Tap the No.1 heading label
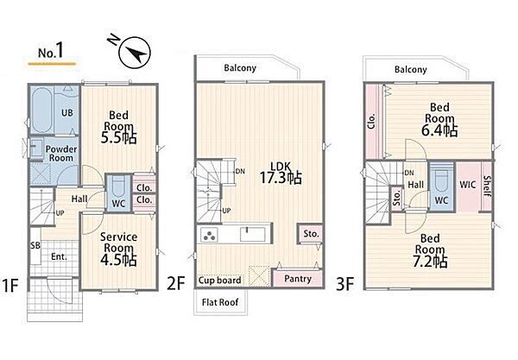[51, 51]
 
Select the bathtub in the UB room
[42, 110]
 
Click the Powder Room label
[61, 154]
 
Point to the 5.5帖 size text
[118, 138]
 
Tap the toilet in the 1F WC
[118, 187]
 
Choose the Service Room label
[118, 242]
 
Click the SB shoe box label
[35, 245]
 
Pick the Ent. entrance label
[59, 256]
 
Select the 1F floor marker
[10, 285]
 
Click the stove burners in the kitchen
[209, 235]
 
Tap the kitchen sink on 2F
[252, 235]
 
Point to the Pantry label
[298, 279]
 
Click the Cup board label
[219, 281]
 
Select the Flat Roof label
[220, 302]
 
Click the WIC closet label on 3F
[467, 184]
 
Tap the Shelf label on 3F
[487, 186]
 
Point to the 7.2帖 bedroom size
[430, 262]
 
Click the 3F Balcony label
[411, 69]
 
